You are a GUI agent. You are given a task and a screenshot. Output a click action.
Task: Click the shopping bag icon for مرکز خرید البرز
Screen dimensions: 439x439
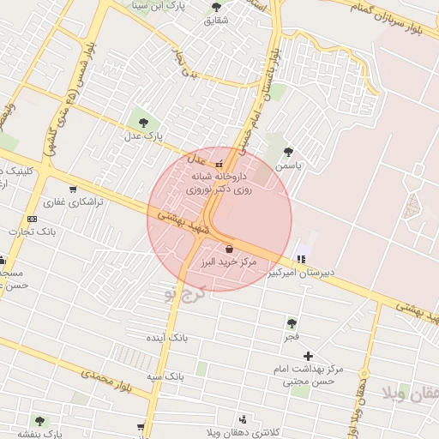coord(229,247)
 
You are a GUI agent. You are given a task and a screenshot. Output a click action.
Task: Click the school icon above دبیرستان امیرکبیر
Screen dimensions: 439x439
coord(300,258)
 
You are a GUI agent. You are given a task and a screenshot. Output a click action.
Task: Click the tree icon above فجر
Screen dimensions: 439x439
coord(292,323)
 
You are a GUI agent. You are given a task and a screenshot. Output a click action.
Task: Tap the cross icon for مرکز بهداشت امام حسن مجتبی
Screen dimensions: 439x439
coord(309,355)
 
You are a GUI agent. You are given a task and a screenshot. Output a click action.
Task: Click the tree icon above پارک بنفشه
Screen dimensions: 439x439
coord(39,421)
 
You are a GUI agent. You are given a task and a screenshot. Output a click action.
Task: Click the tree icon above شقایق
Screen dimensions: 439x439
coord(215,8)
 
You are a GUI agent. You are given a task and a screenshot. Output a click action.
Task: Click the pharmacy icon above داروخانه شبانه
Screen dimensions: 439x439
coord(219,164)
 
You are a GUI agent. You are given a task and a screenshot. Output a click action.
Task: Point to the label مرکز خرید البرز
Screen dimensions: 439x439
coord(227,262)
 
